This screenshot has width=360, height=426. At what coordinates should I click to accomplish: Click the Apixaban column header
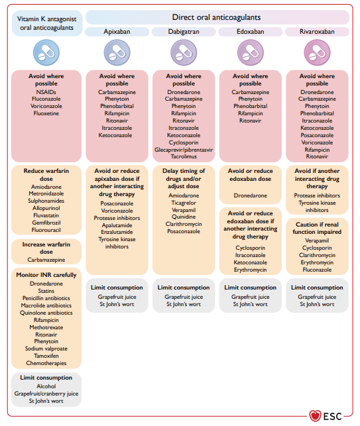point(117,32)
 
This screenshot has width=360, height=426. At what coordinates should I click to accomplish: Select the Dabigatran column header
point(184,32)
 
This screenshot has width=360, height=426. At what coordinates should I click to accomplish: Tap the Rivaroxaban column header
point(317,32)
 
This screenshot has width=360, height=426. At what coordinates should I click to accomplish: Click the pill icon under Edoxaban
point(250,52)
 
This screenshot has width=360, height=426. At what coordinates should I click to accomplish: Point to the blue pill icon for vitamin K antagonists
point(46,52)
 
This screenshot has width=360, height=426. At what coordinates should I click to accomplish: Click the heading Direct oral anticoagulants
point(216,17)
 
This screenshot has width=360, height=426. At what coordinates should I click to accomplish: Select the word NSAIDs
point(46,92)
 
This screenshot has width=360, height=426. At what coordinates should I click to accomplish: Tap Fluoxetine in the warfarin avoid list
point(46,113)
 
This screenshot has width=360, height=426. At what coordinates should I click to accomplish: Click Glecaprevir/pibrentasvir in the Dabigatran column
point(184,150)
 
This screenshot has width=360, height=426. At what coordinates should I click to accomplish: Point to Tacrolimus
point(184,156)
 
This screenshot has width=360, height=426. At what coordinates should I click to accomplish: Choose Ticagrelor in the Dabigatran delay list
point(184,203)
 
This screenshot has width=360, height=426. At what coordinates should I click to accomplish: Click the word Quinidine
point(184,217)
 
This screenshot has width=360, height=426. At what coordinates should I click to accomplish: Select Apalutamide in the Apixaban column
point(117,225)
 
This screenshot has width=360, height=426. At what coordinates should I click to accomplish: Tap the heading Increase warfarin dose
point(46,248)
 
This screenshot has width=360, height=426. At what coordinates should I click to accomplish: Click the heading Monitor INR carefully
point(46,275)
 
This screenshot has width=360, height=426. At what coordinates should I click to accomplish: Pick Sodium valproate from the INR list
point(46,348)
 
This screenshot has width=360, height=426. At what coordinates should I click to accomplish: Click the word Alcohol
point(46,386)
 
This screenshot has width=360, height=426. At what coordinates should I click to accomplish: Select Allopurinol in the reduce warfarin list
point(46,208)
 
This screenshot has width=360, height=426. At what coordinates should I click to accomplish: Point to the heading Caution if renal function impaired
point(317,228)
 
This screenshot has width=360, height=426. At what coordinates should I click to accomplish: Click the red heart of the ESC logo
point(315,415)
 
